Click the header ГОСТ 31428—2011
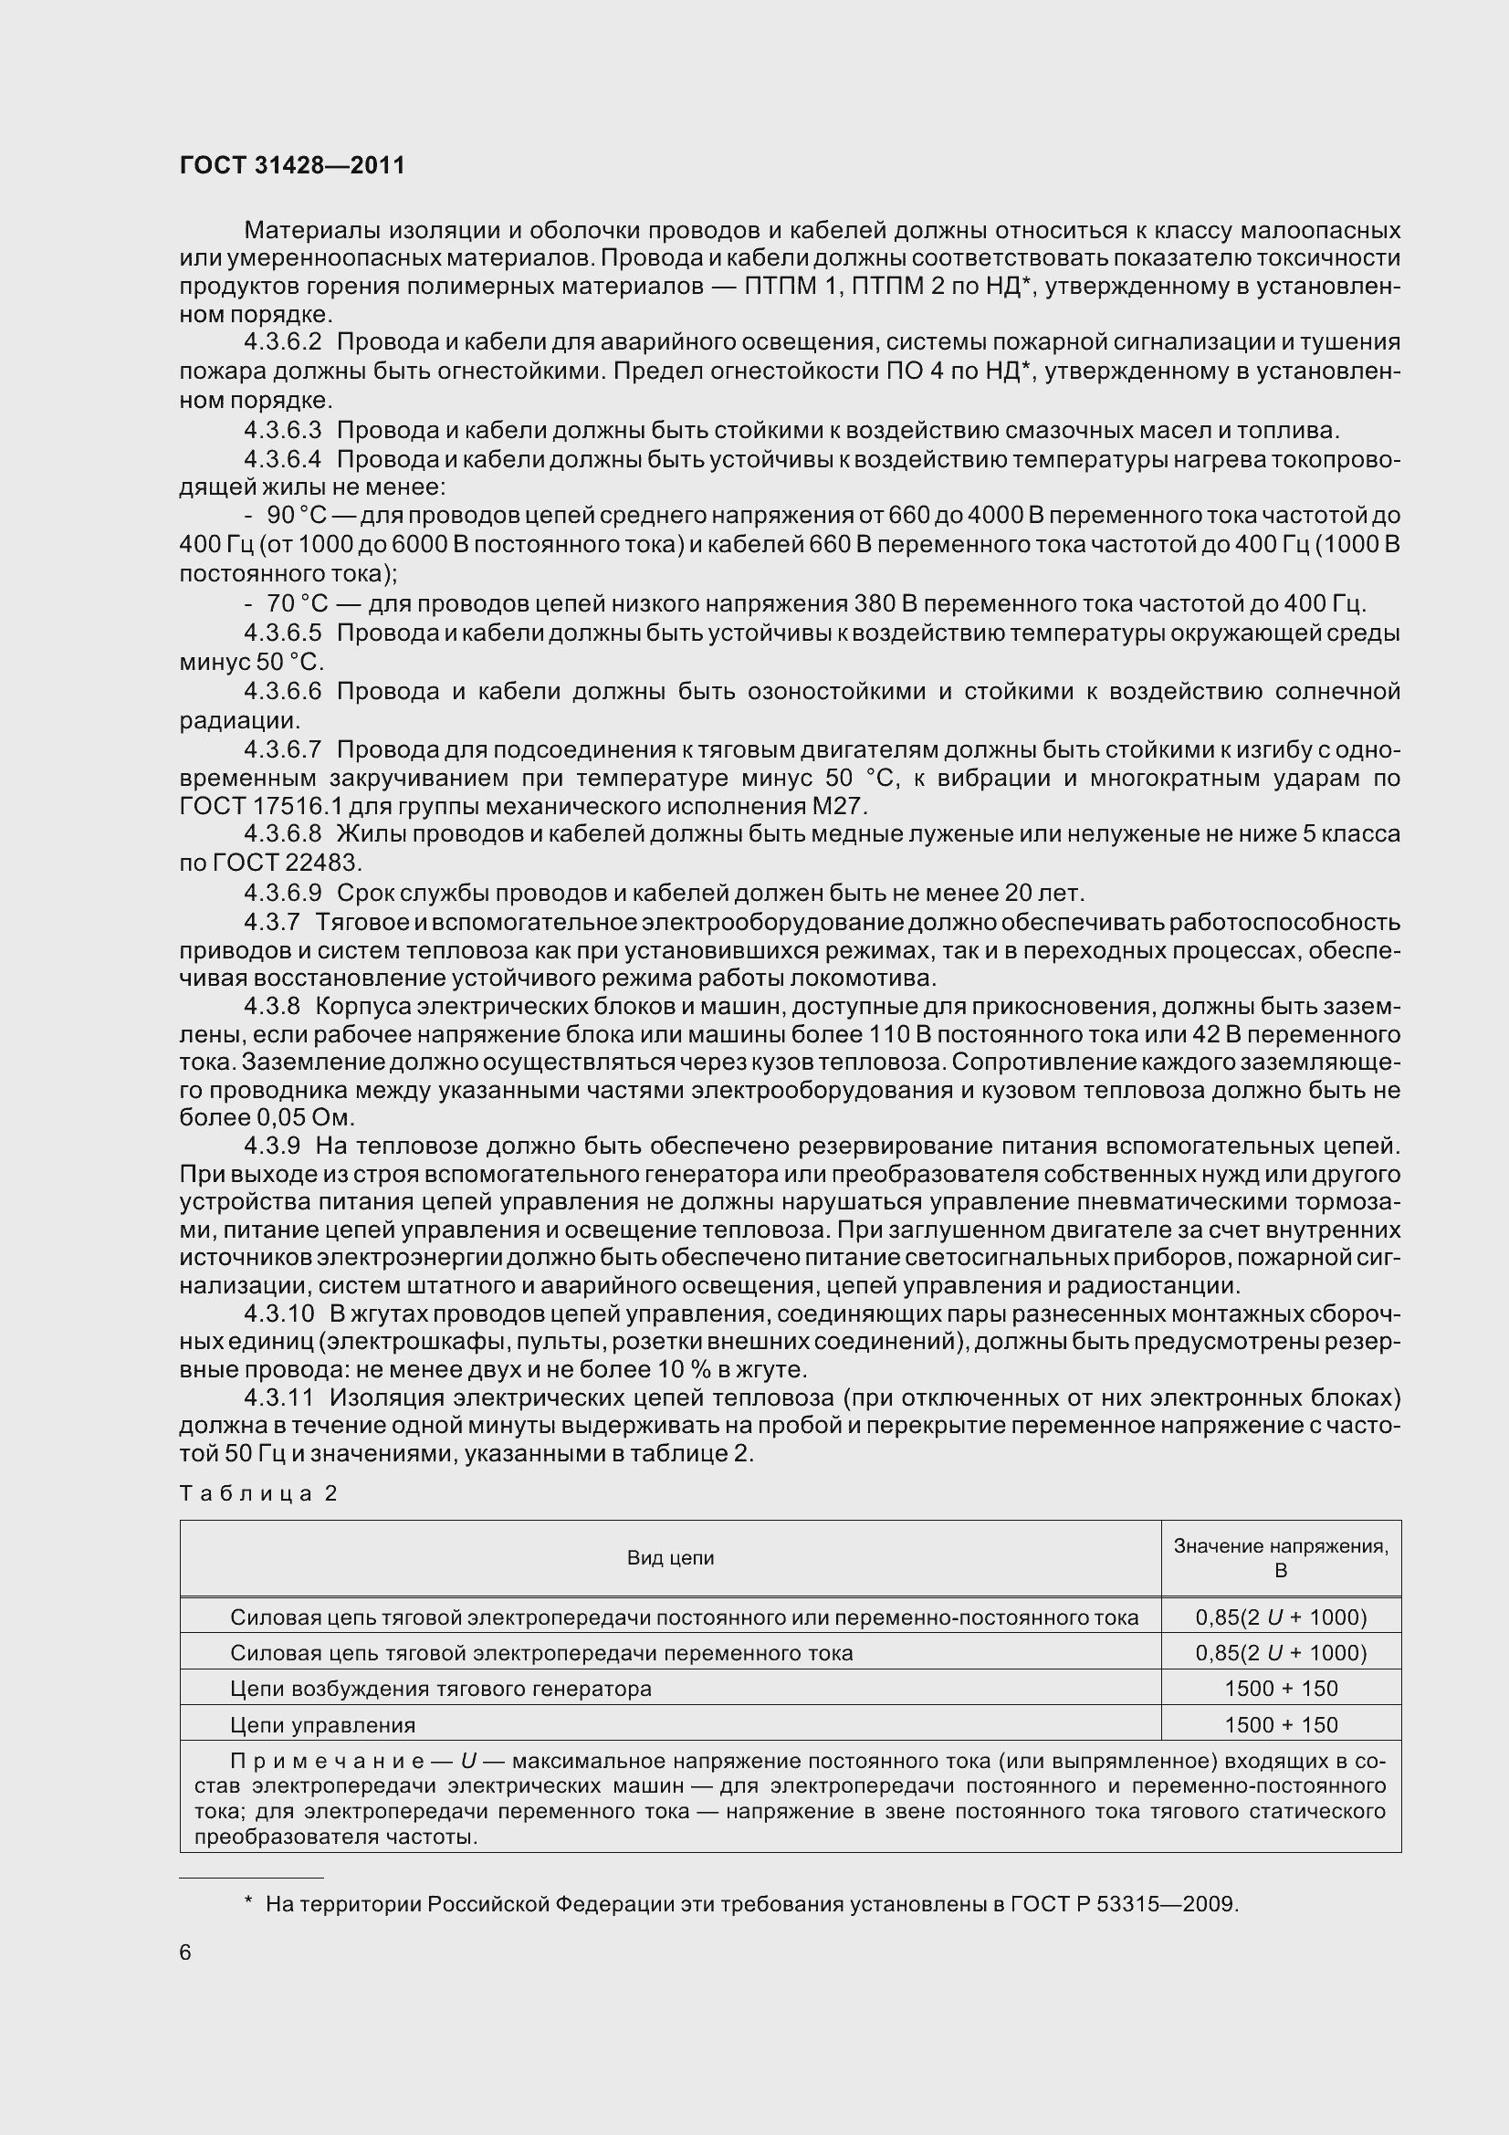pos(292,165)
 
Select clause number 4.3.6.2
pos(283,343)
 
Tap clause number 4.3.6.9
pos(283,894)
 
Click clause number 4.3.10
pos(279,1313)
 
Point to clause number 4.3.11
pos(279,1397)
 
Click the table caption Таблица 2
pos(258,1493)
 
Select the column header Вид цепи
pos(670,1557)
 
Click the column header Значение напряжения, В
pos(1280,1557)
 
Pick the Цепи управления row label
pos(322,1725)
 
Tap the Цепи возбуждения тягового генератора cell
pos(441,1689)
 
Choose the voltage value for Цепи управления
pos(1280,1725)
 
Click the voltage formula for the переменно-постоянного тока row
pos(1280,1617)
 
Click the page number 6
pos(185,1952)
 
